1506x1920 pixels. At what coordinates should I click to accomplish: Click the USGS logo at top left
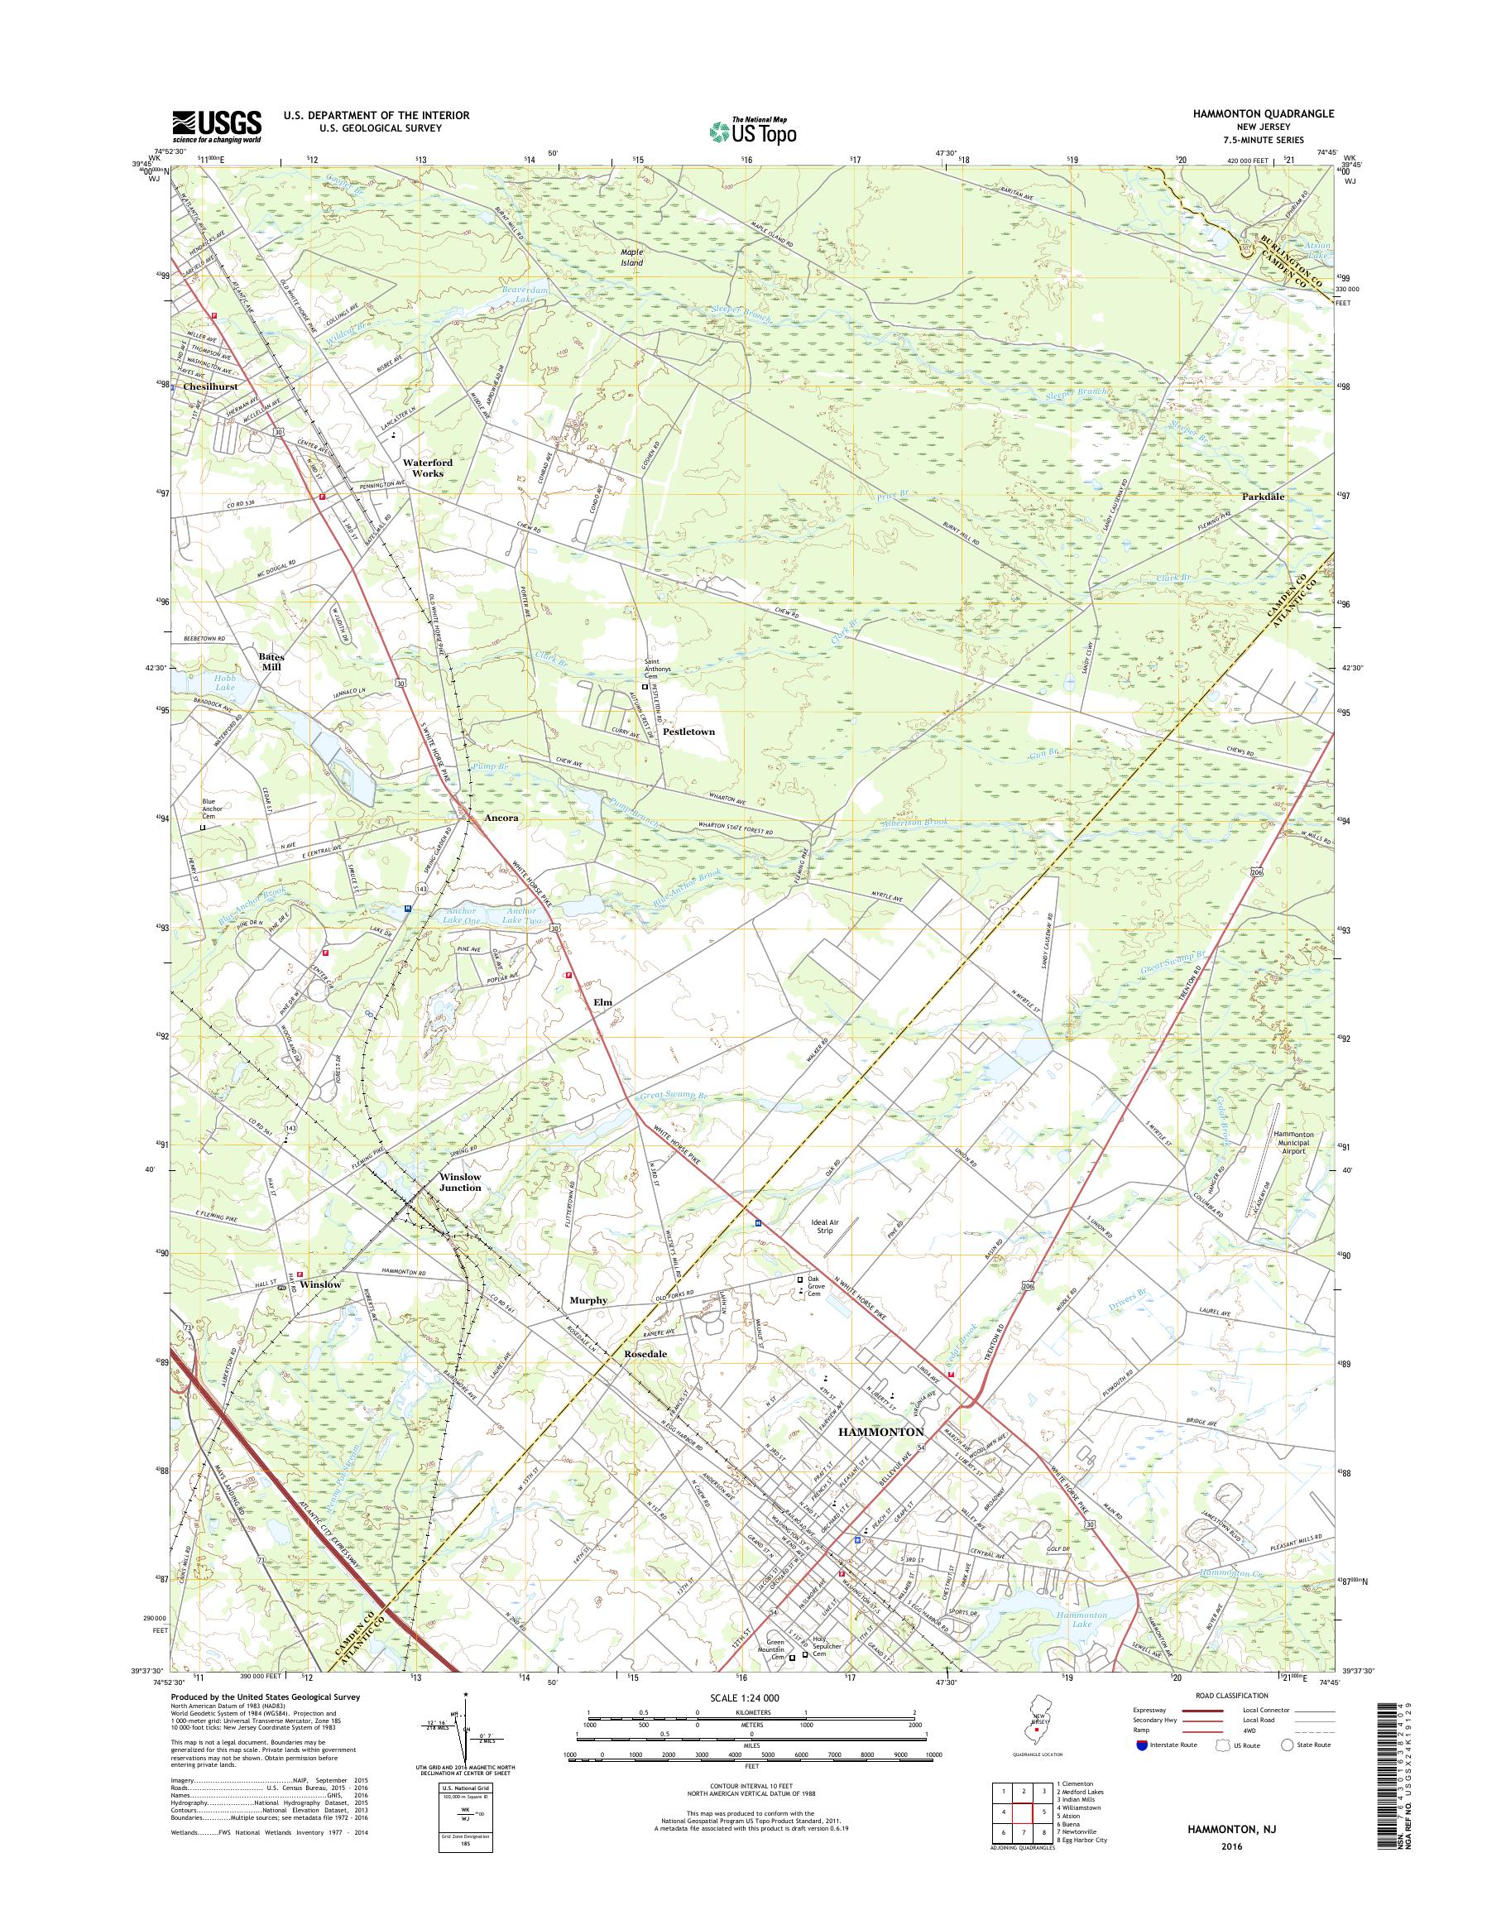pos(216,125)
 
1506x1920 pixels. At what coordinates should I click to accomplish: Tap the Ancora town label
pos(501,818)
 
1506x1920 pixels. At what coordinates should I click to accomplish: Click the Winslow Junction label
pos(460,1182)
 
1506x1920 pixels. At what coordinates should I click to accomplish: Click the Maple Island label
pos(631,257)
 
